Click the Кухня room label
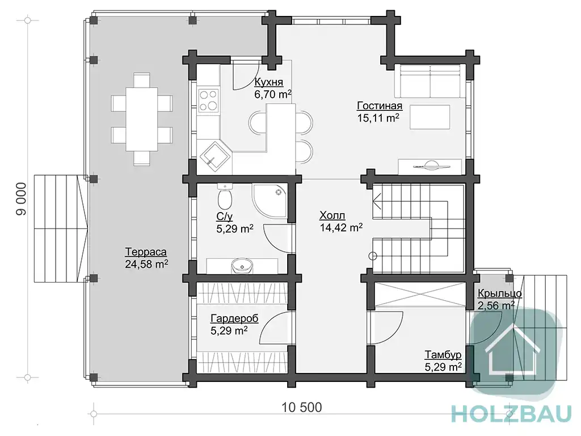268,82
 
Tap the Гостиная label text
380,106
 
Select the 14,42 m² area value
341,227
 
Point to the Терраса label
146,252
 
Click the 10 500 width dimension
302,408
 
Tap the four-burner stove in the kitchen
208,100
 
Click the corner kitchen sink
215,156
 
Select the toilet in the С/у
225,196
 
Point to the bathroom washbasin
242,266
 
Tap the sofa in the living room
430,81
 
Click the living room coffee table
430,117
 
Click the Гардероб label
234,318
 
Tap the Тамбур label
443,355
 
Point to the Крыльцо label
499,293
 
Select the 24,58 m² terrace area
146,264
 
